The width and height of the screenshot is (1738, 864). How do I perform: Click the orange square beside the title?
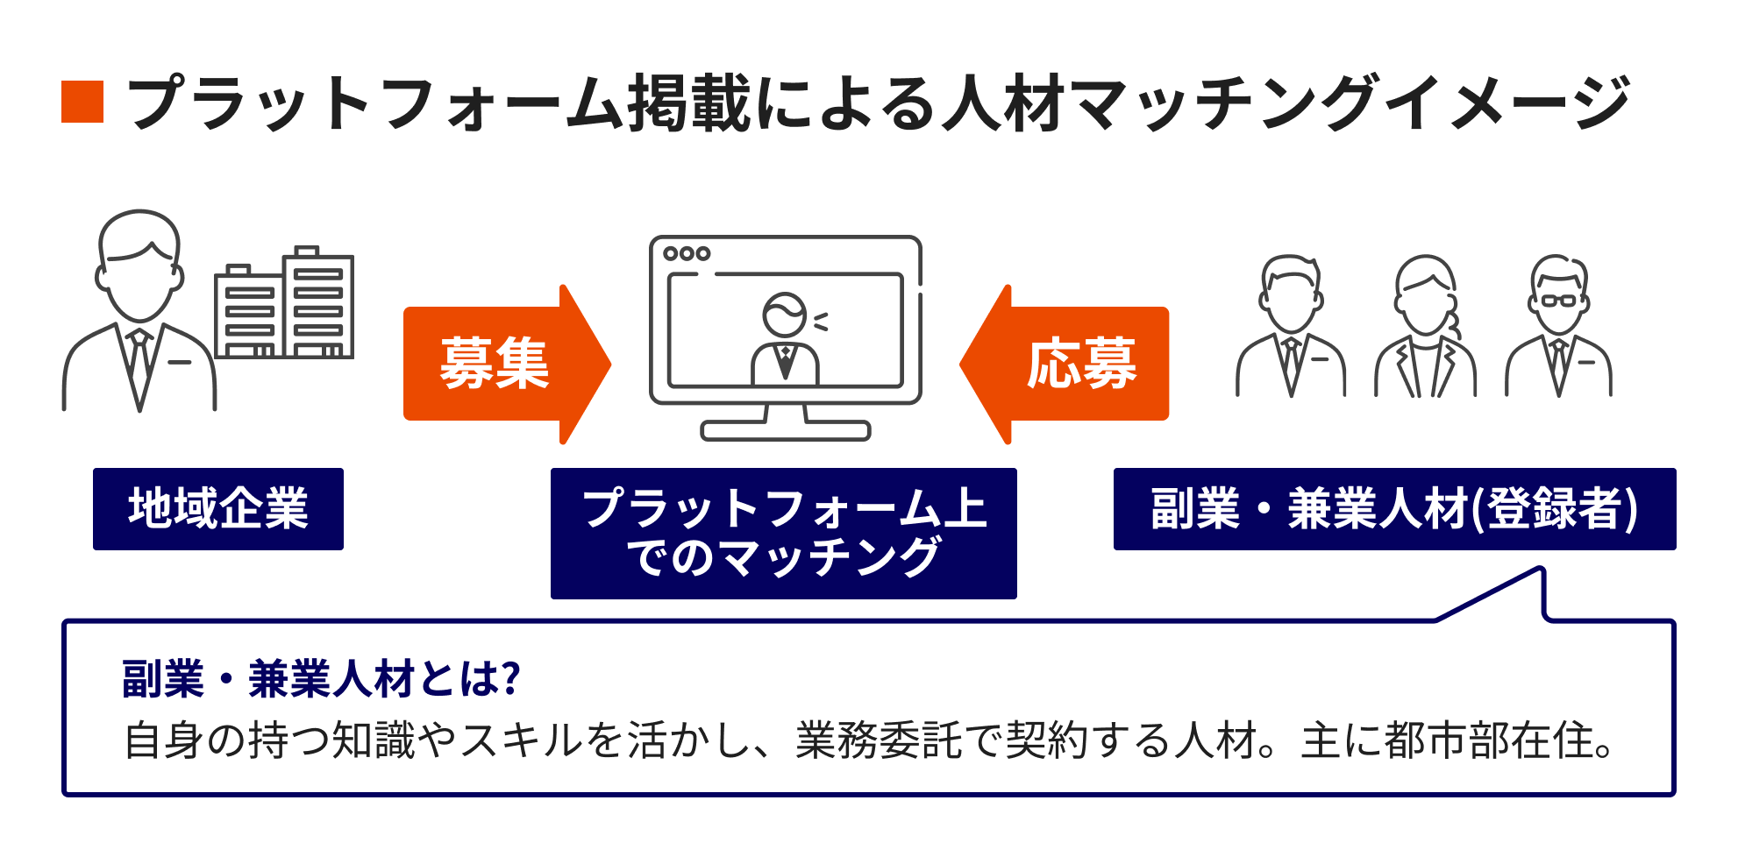(82, 102)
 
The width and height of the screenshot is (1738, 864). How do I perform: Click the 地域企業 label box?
(218, 509)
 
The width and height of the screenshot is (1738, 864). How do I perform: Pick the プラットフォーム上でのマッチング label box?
(783, 533)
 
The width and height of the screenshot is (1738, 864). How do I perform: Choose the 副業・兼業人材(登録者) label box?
(1394, 509)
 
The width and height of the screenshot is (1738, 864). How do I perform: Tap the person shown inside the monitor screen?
(785, 337)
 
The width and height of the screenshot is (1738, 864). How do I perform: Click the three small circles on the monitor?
(687, 254)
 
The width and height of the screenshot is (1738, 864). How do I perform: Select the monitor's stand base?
(785, 430)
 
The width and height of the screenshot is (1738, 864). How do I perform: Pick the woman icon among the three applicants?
(1425, 329)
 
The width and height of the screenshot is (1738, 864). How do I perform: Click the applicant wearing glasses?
(1558, 329)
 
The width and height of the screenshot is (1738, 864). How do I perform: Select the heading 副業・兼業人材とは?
(322, 679)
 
